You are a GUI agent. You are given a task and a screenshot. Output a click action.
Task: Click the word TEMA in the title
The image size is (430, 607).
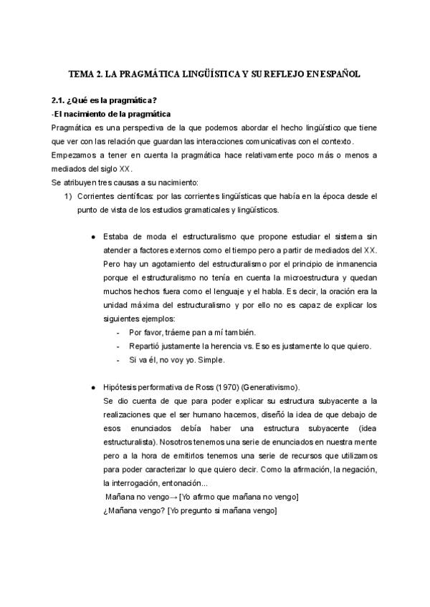(80, 73)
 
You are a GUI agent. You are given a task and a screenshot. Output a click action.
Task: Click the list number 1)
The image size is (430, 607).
(68, 195)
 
